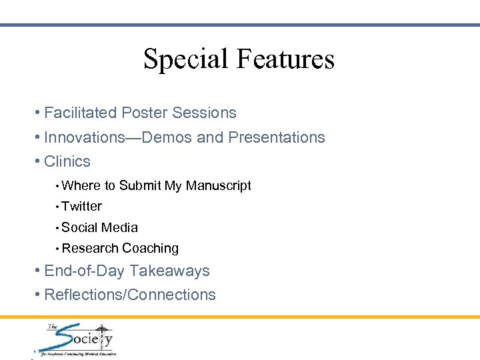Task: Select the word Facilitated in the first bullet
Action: pos(81,113)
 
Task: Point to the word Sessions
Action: pos(204,113)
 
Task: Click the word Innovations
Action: pos(84,137)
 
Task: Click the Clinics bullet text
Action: pos(67,161)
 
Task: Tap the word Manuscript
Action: pos(218,186)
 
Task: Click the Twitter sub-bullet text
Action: pos(81,207)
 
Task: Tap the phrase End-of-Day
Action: pos(85,271)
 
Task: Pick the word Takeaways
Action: pos(169,271)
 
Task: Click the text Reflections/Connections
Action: pos(130,295)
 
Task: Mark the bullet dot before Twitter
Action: pos(58,207)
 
